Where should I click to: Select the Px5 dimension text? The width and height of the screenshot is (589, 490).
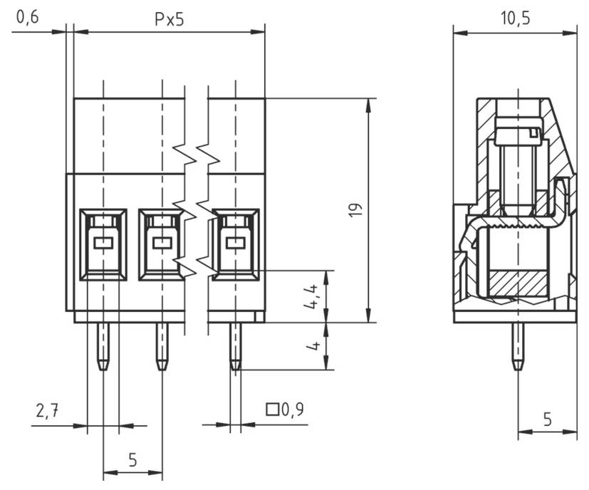tap(170, 19)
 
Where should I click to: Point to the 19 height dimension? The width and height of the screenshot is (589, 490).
tap(357, 209)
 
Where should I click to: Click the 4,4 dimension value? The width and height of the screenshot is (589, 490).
tap(312, 296)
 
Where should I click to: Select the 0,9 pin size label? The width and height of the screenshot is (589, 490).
tap(292, 410)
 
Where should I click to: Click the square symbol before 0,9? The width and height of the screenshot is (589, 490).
tap(272, 410)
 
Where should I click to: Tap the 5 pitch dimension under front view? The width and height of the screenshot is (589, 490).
tap(132, 459)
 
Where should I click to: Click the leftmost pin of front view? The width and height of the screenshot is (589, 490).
tap(103, 346)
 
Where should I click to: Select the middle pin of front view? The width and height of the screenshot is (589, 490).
tap(162, 346)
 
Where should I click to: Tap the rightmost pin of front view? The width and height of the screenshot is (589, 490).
tap(234, 346)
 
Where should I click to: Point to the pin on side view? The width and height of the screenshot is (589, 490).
tap(518, 346)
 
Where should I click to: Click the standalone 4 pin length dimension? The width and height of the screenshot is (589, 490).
tap(312, 346)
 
